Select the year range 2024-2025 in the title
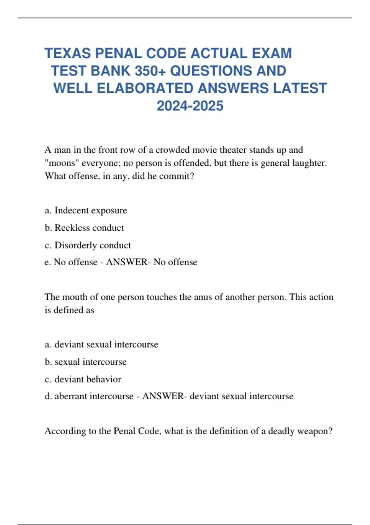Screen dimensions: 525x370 190,106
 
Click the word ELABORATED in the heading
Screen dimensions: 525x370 145,88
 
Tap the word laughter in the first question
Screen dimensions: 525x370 308,163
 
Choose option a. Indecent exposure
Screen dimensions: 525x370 86,210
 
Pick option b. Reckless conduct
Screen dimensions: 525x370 84,228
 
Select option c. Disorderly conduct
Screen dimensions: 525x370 88,245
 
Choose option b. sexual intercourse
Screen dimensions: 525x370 85,362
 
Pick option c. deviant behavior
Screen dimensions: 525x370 83,379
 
